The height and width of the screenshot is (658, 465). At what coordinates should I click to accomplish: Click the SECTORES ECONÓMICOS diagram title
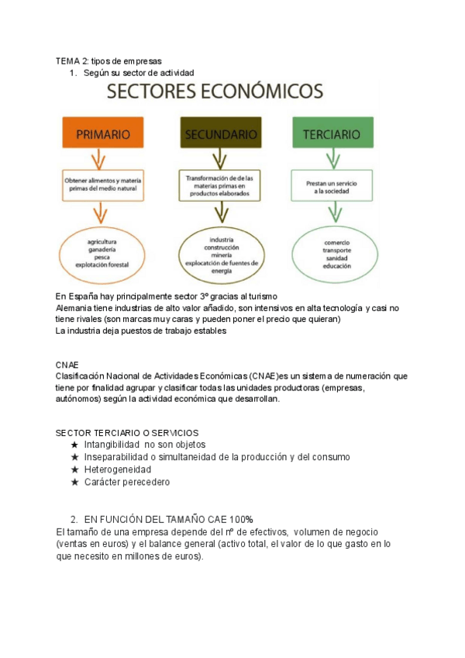(215, 92)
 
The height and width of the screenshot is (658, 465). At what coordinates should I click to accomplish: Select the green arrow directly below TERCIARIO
(332, 159)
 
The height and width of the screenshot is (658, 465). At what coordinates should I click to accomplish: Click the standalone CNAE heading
(67, 364)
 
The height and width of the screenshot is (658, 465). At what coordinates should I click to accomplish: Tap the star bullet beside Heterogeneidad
(74, 469)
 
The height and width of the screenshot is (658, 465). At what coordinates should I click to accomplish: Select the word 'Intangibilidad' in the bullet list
(111, 445)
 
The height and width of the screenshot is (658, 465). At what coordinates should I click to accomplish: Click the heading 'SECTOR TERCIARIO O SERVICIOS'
(127, 432)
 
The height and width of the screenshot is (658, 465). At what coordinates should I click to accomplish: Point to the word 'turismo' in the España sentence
(259, 296)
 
